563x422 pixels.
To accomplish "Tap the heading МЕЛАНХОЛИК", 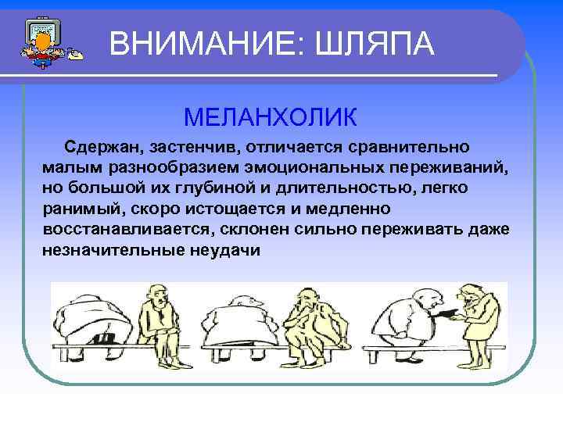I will click(x=271, y=117).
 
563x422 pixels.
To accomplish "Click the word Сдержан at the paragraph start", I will click(x=99, y=148).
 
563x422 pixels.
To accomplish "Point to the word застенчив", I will click(x=180, y=148).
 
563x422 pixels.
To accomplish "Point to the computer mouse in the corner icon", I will click(x=75, y=55).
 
